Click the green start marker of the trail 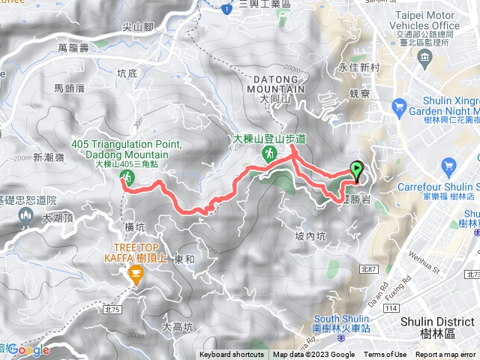[x=355, y=170]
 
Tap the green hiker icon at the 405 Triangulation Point [x=127, y=177]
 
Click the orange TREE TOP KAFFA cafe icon [x=136, y=274]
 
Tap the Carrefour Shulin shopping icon [x=449, y=166]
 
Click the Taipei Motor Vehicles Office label [x=426, y=25]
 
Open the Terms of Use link [x=385, y=355]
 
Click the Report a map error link [x=445, y=355]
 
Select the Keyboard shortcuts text [x=232, y=355]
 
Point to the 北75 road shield [x=113, y=309]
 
